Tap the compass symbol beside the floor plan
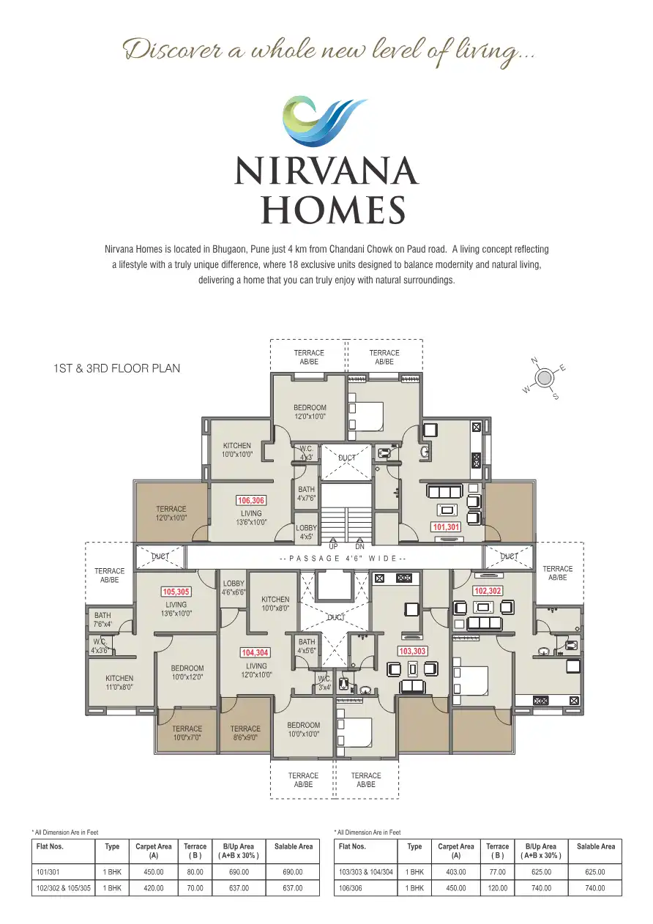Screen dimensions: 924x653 pyautogui.click(x=545, y=378)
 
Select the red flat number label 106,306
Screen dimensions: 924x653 pyautogui.click(x=251, y=501)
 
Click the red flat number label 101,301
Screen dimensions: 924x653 pyautogui.click(x=446, y=526)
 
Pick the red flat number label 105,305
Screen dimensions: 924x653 pyautogui.click(x=176, y=592)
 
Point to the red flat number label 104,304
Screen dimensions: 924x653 pyautogui.click(x=255, y=652)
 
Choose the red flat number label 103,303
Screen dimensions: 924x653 pyautogui.click(x=412, y=650)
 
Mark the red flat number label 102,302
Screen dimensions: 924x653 pyautogui.click(x=488, y=590)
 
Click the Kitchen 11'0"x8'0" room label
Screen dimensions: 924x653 pyautogui.click(x=119, y=682)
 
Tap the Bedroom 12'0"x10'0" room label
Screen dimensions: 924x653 pyautogui.click(x=310, y=412)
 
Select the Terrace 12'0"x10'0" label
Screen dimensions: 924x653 pyautogui.click(x=171, y=513)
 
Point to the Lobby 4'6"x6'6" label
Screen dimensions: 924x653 pyautogui.click(x=234, y=588)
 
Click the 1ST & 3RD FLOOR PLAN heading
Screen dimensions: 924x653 pyautogui.click(x=116, y=368)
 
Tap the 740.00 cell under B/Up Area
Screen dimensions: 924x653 pyautogui.click(x=541, y=888)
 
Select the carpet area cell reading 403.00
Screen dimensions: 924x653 pyautogui.click(x=456, y=872)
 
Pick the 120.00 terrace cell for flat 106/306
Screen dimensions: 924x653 pyautogui.click(x=498, y=888)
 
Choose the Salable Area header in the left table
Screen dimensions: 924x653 pyautogui.click(x=294, y=846)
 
